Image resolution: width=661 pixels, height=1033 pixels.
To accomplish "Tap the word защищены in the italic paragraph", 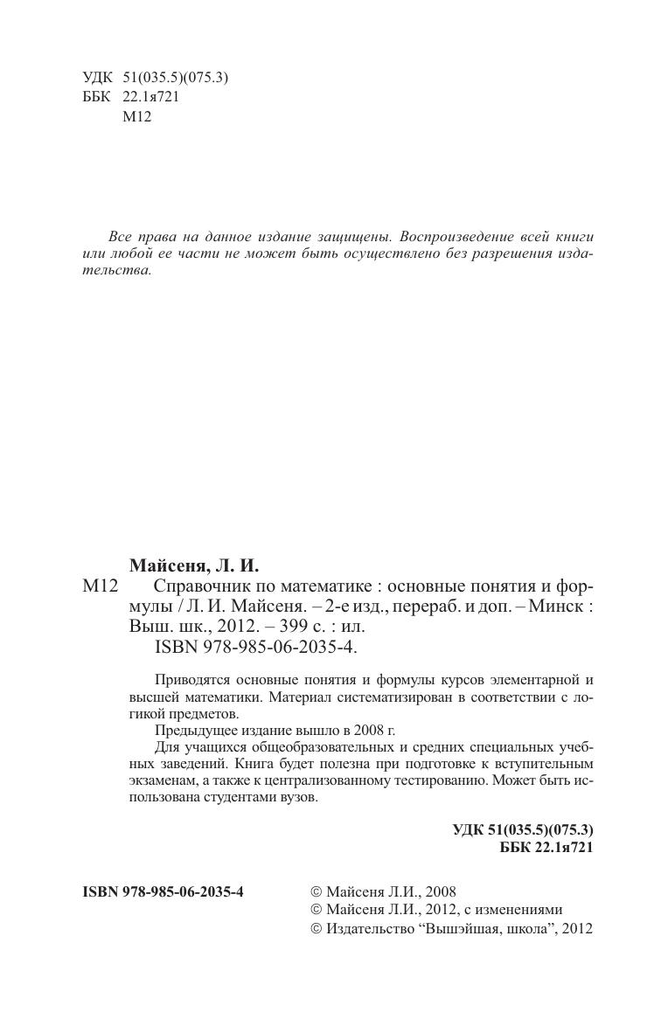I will coord(358,237).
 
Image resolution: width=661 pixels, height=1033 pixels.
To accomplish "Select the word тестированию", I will coord(421,781).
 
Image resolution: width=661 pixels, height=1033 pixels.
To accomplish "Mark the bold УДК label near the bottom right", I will coord(469,829).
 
